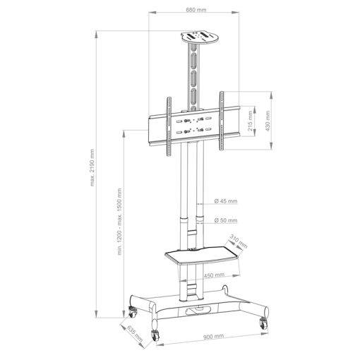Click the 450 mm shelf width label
click(x=213, y=275)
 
